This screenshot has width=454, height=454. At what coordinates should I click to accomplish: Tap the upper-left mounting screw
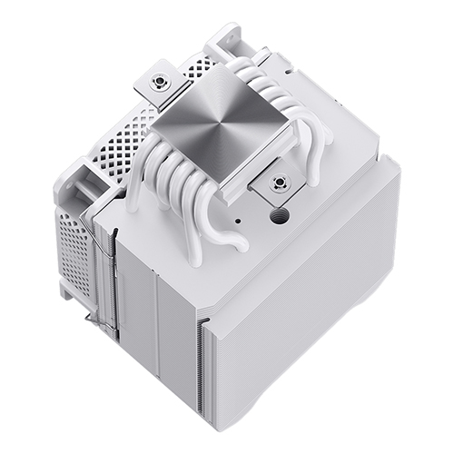point(160,81)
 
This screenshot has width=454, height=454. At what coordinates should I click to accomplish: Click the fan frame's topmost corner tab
point(223,36)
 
